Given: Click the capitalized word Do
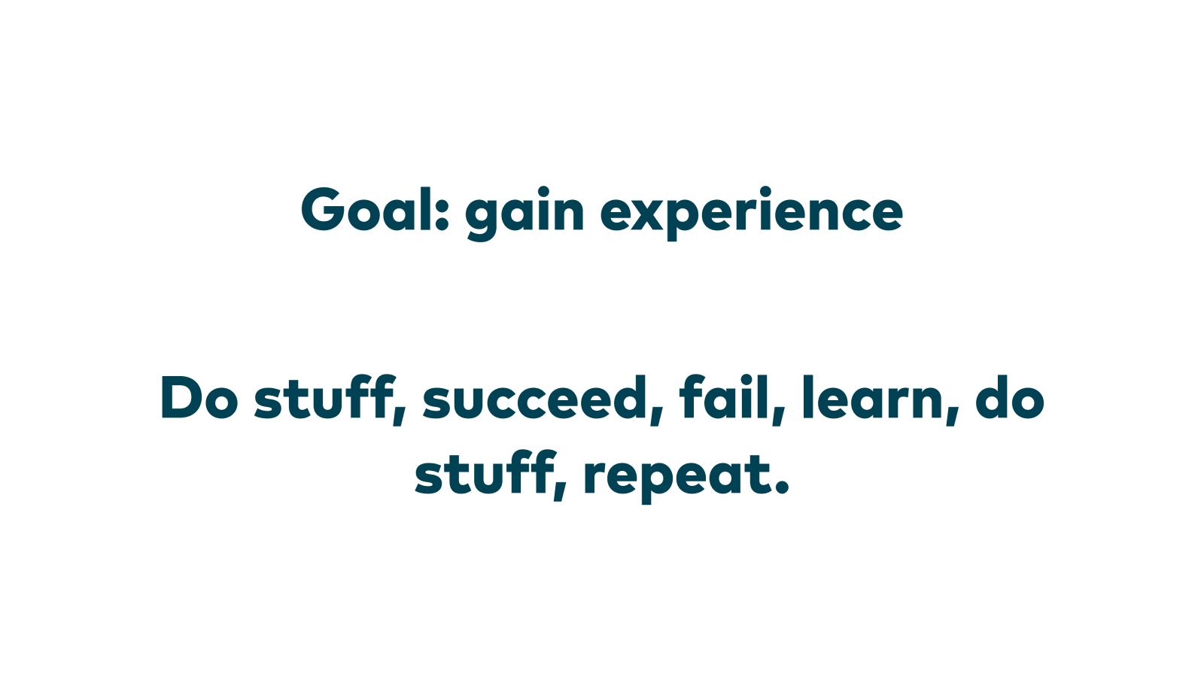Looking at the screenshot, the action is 199,398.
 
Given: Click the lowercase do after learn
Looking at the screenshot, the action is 1010,398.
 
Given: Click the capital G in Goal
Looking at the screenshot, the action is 323,210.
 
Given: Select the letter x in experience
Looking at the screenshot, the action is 647,214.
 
